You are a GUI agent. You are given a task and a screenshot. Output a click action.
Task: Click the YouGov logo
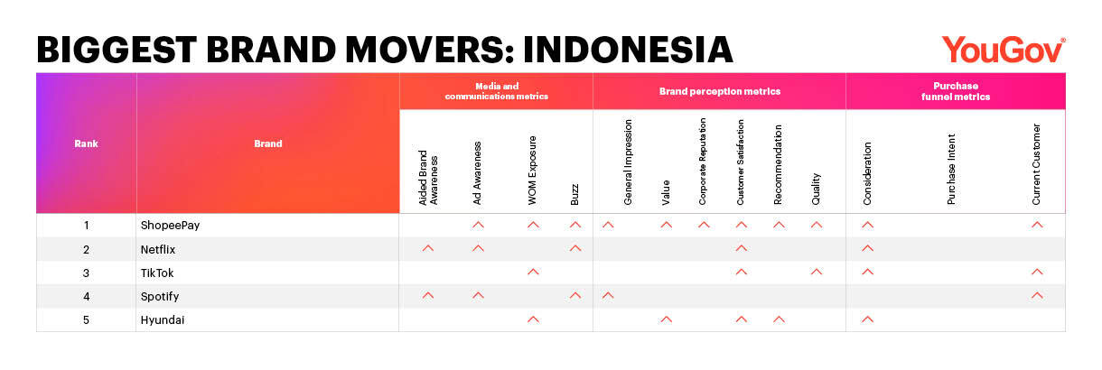1004,50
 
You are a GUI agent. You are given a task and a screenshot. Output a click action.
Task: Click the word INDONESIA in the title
628,50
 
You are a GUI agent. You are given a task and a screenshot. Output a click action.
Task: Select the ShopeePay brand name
170,226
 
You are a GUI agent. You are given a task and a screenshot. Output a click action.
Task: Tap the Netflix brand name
158,249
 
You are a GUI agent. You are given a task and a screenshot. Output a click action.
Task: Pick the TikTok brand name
157,273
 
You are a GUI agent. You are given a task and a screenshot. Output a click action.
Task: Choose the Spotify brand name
160,297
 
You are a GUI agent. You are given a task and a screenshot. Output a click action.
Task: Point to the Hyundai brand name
163,320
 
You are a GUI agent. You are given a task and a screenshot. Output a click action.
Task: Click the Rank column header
86,143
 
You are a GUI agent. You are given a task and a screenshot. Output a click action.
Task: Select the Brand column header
267,143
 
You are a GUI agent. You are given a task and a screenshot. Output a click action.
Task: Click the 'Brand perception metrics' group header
720,91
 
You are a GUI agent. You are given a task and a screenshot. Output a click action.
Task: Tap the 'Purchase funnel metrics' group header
956,91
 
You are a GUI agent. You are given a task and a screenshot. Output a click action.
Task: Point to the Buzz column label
574,194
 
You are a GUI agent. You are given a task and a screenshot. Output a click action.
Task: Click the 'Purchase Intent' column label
951,169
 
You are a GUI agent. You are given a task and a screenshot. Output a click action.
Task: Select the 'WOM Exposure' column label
532,170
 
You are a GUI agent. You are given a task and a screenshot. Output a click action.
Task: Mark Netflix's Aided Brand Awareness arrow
428,248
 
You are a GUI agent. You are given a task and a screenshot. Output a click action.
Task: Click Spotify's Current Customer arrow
1037,295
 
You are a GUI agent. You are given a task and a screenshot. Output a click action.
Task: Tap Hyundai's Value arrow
666,319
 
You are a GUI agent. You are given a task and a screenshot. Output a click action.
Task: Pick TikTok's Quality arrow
817,272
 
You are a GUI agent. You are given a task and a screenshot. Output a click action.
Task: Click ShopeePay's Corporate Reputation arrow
704,225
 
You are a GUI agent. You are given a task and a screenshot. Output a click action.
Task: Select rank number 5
86,320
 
